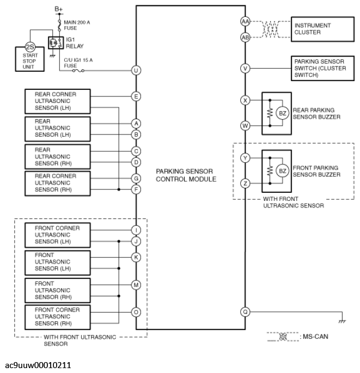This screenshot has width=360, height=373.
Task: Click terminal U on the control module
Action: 136,70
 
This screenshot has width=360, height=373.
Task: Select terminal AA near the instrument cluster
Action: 245,22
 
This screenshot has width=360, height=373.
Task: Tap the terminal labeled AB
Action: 245,38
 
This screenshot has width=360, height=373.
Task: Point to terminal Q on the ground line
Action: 245,311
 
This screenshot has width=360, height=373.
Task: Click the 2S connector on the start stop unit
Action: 30,47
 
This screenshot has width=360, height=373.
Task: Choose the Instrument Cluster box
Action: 322,29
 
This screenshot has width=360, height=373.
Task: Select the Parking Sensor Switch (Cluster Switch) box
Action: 322,68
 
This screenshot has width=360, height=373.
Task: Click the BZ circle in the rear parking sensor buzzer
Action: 283,113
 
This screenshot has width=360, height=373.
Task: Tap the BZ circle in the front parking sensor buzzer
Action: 283,171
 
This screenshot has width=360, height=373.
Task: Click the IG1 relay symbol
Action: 56,43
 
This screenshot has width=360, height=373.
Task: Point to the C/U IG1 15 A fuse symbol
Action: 78,70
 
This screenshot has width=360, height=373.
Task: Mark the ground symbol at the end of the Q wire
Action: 342,321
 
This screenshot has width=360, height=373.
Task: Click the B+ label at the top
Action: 58,9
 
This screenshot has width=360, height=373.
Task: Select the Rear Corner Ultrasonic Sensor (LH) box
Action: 58,101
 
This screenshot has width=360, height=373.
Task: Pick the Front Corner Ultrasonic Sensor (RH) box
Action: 58,317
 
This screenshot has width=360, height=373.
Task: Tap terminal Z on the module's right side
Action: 245,184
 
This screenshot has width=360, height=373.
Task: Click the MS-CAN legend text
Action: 315,337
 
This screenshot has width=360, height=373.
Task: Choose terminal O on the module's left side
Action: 136,312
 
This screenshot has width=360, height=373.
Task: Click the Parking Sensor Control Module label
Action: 186,175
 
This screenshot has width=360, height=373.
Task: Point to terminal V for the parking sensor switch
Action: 245,69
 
